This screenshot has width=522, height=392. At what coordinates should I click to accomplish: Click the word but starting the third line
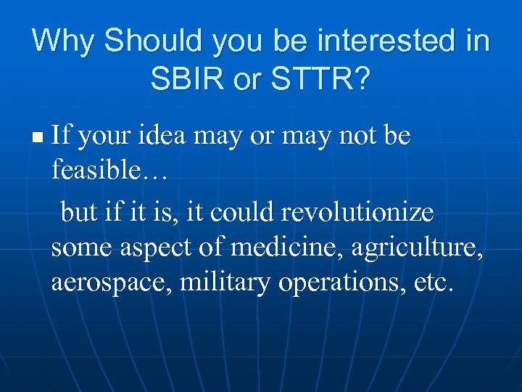79,212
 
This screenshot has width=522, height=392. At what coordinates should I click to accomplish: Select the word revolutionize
357,212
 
